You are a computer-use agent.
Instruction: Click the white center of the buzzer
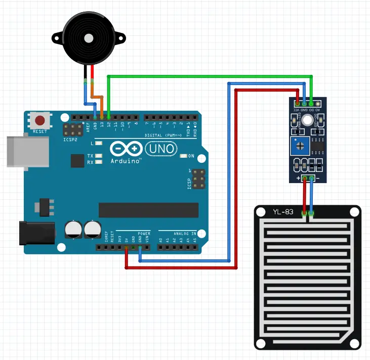point(89,38)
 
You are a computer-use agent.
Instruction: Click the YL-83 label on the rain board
point(283,211)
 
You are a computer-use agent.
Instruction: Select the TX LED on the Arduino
point(99,156)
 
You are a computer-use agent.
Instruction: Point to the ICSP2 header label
point(70,140)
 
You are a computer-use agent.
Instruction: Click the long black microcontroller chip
point(148,209)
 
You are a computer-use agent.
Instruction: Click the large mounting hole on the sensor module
point(307,120)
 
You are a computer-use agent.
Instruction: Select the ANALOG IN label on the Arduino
point(184,234)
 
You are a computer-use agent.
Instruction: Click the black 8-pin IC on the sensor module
point(318,145)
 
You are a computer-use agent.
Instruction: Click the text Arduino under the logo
point(125,160)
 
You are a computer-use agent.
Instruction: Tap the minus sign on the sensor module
point(317,178)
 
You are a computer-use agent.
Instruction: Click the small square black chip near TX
point(77,161)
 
